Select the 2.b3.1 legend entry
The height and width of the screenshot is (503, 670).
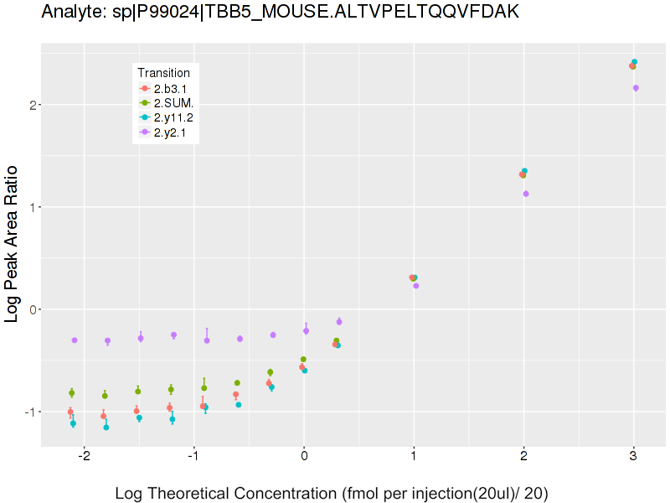(x=164, y=88)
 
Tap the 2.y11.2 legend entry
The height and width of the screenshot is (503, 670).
(x=168, y=117)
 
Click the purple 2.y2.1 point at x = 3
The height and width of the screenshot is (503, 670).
(x=636, y=88)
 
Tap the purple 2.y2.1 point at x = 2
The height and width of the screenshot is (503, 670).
(x=526, y=194)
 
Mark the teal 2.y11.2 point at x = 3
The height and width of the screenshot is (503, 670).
(x=635, y=62)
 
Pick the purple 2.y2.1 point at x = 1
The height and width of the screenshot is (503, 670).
(x=416, y=286)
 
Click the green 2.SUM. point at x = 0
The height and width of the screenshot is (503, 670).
(x=303, y=360)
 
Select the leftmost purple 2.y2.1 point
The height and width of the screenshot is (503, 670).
(x=75, y=340)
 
